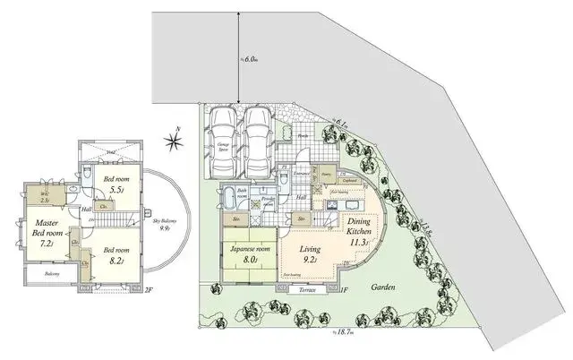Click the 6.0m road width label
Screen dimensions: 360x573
tap(251, 58)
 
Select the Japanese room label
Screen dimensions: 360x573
tap(250, 253)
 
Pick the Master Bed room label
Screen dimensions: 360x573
tap(42, 232)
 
